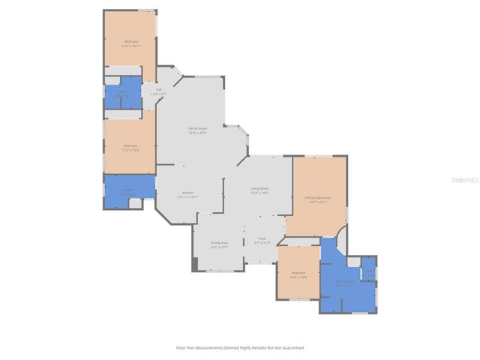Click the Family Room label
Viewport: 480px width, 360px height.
point(197,130)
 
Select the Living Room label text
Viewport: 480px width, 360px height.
point(259,190)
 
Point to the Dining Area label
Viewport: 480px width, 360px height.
point(219,244)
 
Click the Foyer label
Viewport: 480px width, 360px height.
point(262,241)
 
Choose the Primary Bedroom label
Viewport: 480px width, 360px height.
point(318,199)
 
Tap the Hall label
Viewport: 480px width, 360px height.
point(158,91)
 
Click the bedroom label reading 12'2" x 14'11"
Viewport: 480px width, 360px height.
point(131,43)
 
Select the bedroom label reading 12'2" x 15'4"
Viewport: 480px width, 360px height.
point(130,148)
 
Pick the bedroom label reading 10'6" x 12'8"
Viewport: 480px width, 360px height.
point(298,274)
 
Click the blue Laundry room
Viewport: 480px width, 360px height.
point(129,187)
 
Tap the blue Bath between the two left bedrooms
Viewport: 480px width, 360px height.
point(121,94)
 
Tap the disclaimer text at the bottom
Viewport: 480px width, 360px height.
point(240,347)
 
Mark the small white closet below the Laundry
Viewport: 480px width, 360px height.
point(135,204)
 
